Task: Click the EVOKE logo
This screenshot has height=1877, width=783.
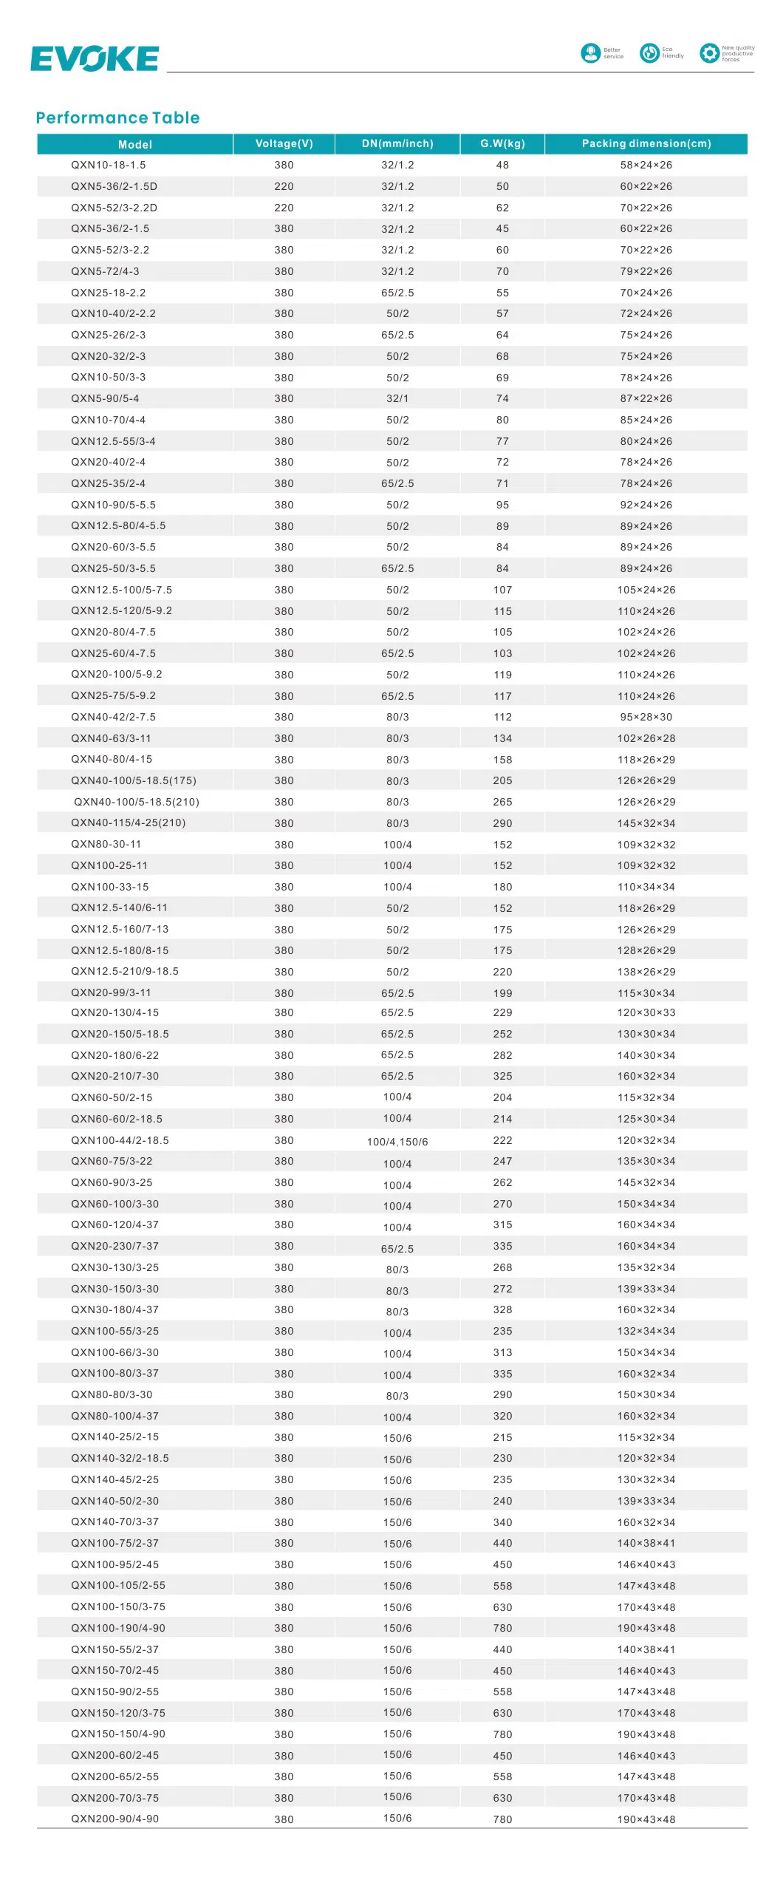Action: (95, 59)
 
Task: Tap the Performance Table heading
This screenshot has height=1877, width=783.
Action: (117, 117)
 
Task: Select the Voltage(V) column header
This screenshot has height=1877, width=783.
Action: (284, 143)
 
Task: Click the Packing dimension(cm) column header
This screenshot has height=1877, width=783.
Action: (646, 143)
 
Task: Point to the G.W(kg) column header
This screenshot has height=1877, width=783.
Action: (502, 143)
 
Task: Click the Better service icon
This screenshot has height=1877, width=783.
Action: (590, 53)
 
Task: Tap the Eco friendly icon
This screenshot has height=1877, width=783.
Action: (649, 53)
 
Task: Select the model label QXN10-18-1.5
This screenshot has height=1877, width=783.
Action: (108, 165)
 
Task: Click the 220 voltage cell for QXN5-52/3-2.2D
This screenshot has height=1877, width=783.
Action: (284, 208)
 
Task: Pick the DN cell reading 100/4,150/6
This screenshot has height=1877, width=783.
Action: (397, 1142)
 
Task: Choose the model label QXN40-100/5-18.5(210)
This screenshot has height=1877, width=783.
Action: (137, 802)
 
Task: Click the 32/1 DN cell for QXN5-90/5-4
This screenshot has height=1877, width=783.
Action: (397, 398)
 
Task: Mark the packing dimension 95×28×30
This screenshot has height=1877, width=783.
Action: (646, 717)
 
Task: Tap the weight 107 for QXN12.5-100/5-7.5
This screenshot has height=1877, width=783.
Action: (502, 590)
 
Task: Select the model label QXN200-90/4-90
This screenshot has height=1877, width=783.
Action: (114, 1819)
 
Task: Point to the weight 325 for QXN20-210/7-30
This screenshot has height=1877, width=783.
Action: (502, 1076)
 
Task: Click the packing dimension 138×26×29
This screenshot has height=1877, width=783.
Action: (646, 972)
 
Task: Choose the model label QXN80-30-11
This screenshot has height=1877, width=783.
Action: (106, 844)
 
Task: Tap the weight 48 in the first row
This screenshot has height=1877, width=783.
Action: (502, 165)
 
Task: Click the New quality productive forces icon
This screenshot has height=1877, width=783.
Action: (709, 53)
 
